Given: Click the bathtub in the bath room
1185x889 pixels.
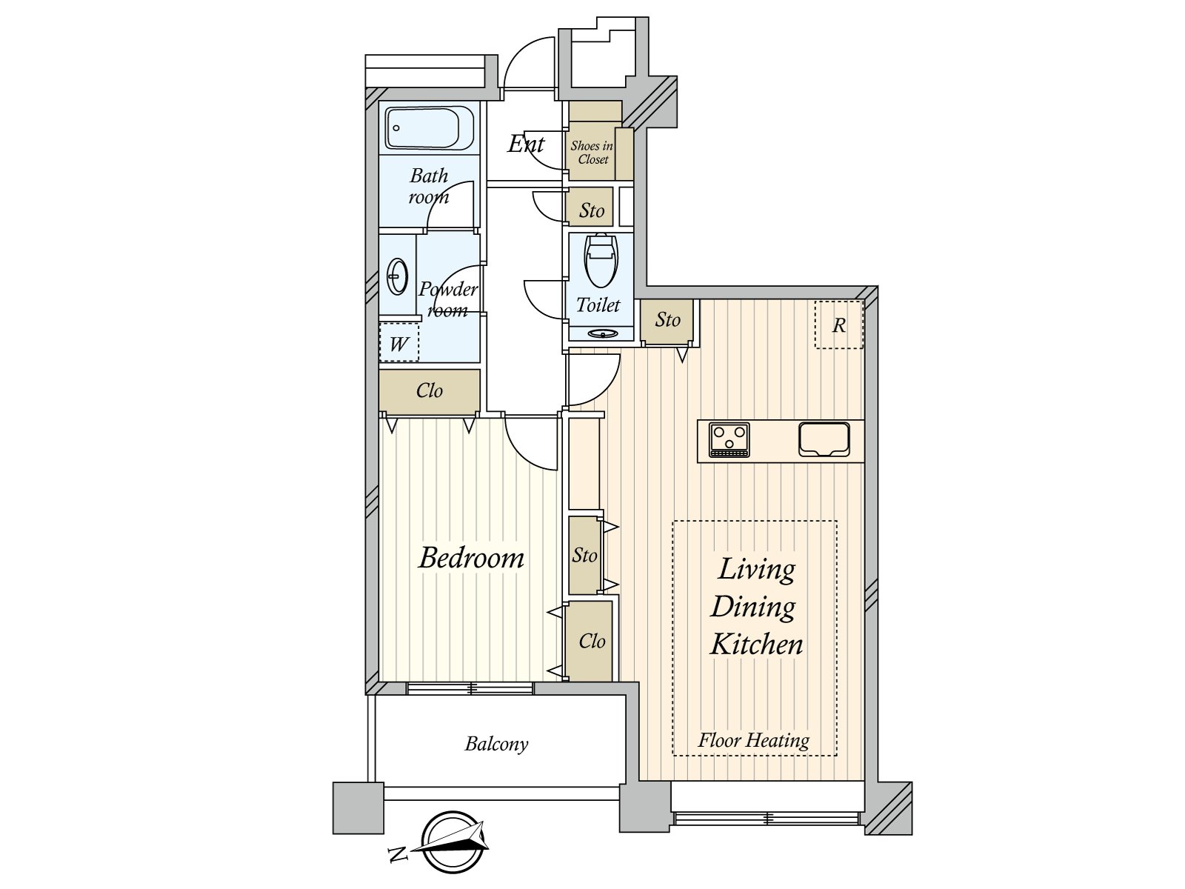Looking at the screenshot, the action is (x=430, y=128).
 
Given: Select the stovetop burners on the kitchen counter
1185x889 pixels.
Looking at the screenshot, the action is (x=730, y=440).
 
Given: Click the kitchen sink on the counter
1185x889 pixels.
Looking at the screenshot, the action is (x=824, y=439).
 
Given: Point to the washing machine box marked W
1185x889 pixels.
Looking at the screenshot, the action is (x=399, y=342).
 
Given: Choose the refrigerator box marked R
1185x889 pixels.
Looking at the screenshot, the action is (x=839, y=325).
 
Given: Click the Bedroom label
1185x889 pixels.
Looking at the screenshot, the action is (x=471, y=558).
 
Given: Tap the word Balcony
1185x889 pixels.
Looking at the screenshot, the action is (x=496, y=744).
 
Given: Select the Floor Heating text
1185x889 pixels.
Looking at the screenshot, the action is (x=754, y=740).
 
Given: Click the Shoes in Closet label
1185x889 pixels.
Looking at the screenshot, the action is (x=592, y=152).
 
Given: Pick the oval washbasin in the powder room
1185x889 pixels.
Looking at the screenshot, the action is (x=398, y=277).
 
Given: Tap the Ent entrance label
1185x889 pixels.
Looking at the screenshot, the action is (x=527, y=144).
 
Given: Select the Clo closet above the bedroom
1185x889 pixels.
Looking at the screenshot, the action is (x=429, y=390).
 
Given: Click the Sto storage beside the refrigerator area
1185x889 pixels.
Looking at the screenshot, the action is (x=667, y=320).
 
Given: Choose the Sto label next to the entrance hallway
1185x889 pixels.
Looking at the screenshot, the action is (x=592, y=210).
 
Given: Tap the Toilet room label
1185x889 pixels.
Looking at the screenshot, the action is (x=598, y=305).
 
